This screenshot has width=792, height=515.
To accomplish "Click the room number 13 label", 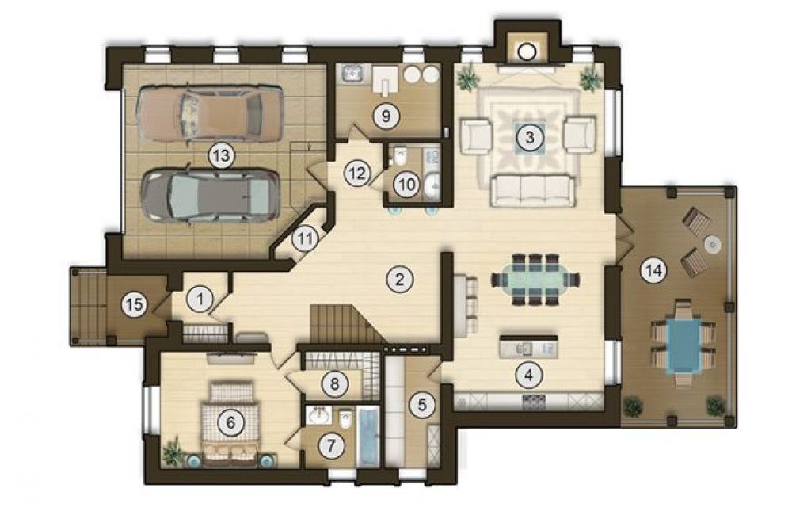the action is click(x=222, y=155).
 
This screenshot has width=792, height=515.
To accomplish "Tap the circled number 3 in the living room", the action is click(x=529, y=137).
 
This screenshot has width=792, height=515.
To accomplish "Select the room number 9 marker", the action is click(x=386, y=116).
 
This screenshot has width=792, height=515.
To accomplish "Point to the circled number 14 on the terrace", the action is click(x=653, y=271).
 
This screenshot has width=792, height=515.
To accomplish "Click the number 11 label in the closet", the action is click(x=304, y=238).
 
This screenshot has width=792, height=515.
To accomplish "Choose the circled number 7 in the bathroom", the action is click(x=331, y=446).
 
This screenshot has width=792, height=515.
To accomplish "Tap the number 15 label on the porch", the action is click(x=134, y=305).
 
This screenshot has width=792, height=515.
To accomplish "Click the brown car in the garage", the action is click(x=210, y=113).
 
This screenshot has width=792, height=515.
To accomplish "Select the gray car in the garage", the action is click(x=211, y=195).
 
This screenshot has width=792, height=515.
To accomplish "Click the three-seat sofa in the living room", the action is click(x=533, y=190).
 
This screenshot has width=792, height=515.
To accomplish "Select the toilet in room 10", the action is click(x=400, y=155).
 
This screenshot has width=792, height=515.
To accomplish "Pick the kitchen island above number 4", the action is click(x=528, y=347).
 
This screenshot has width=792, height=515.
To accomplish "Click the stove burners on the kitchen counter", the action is click(x=535, y=402).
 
